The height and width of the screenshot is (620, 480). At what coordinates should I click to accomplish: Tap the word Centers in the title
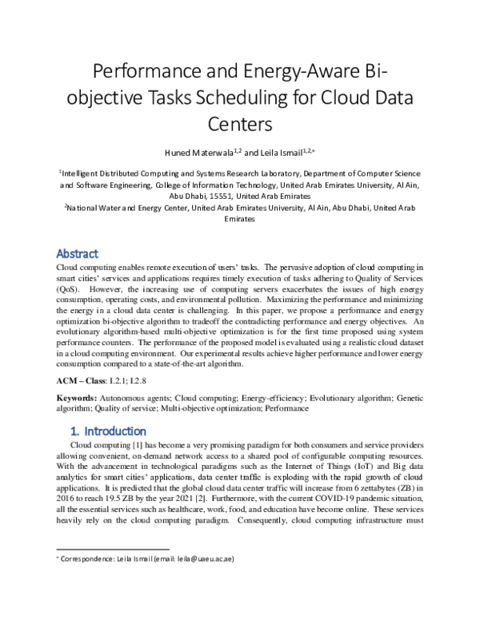tap(240, 125)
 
